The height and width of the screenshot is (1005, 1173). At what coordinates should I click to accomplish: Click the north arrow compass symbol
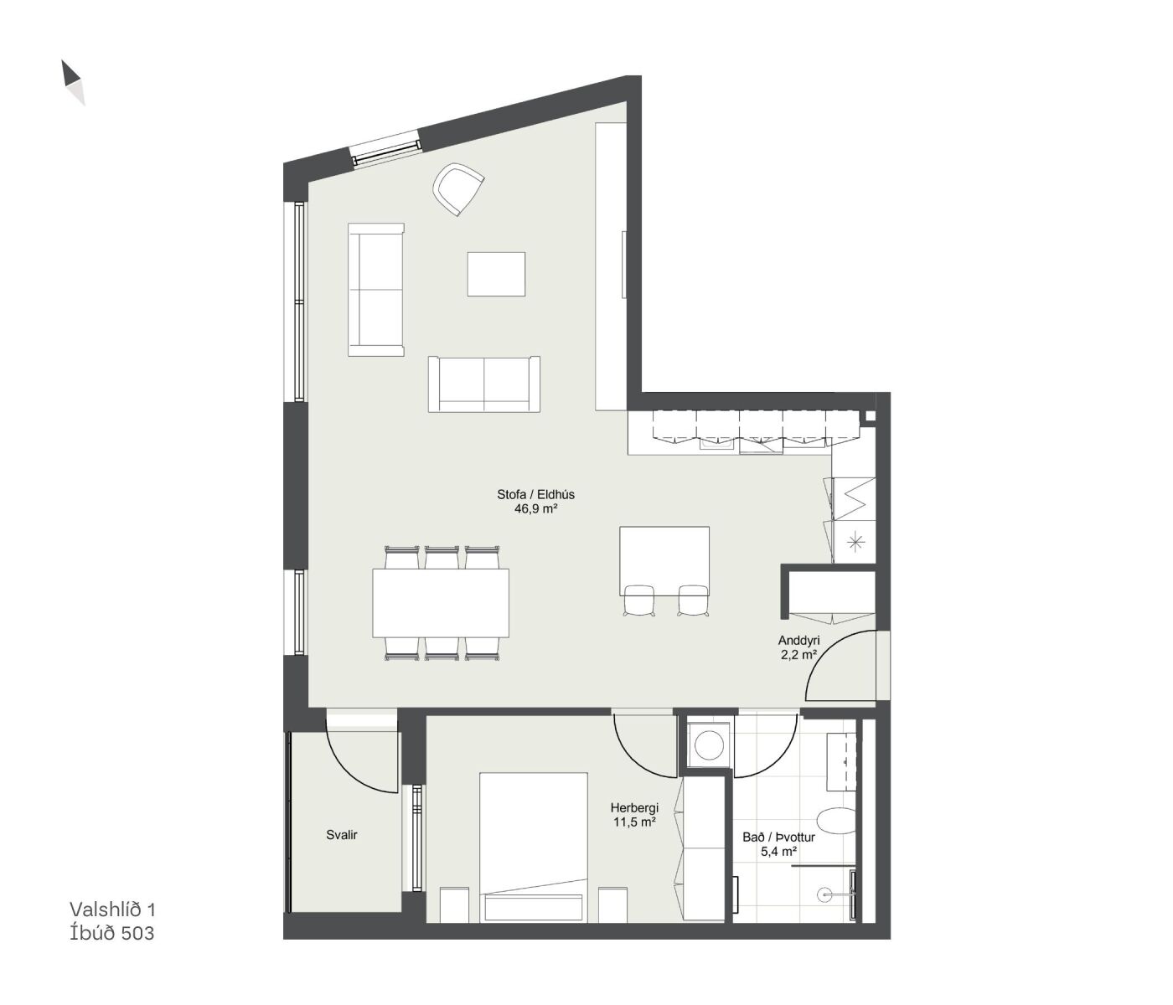(73, 81)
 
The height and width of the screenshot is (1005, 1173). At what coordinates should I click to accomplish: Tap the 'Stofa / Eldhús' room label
(535, 495)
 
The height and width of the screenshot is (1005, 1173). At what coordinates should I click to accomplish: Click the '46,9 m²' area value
(535, 508)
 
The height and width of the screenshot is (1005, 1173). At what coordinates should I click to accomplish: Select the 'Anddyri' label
(798, 641)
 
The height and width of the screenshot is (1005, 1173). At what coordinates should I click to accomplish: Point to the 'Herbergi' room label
(634, 807)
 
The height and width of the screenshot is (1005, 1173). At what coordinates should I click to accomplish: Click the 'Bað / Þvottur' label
(778, 837)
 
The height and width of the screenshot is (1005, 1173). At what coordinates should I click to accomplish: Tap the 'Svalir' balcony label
(342, 835)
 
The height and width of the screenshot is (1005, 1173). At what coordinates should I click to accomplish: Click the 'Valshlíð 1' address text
(112, 910)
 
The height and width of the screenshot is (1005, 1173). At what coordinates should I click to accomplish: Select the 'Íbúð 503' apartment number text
(111, 933)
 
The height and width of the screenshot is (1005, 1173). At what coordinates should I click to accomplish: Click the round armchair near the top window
(458, 189)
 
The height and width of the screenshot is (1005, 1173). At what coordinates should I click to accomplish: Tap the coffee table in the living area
(496, 274)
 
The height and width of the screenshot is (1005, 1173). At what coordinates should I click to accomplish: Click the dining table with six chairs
(441, 603)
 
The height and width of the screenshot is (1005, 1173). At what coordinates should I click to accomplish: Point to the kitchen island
(664, 561)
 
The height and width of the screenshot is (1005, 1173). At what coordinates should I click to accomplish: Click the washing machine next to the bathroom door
(708, 744)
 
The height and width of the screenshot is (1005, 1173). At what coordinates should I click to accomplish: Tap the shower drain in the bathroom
(824, 894)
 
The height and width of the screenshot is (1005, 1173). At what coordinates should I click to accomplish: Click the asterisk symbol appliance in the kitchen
(854, 543)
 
